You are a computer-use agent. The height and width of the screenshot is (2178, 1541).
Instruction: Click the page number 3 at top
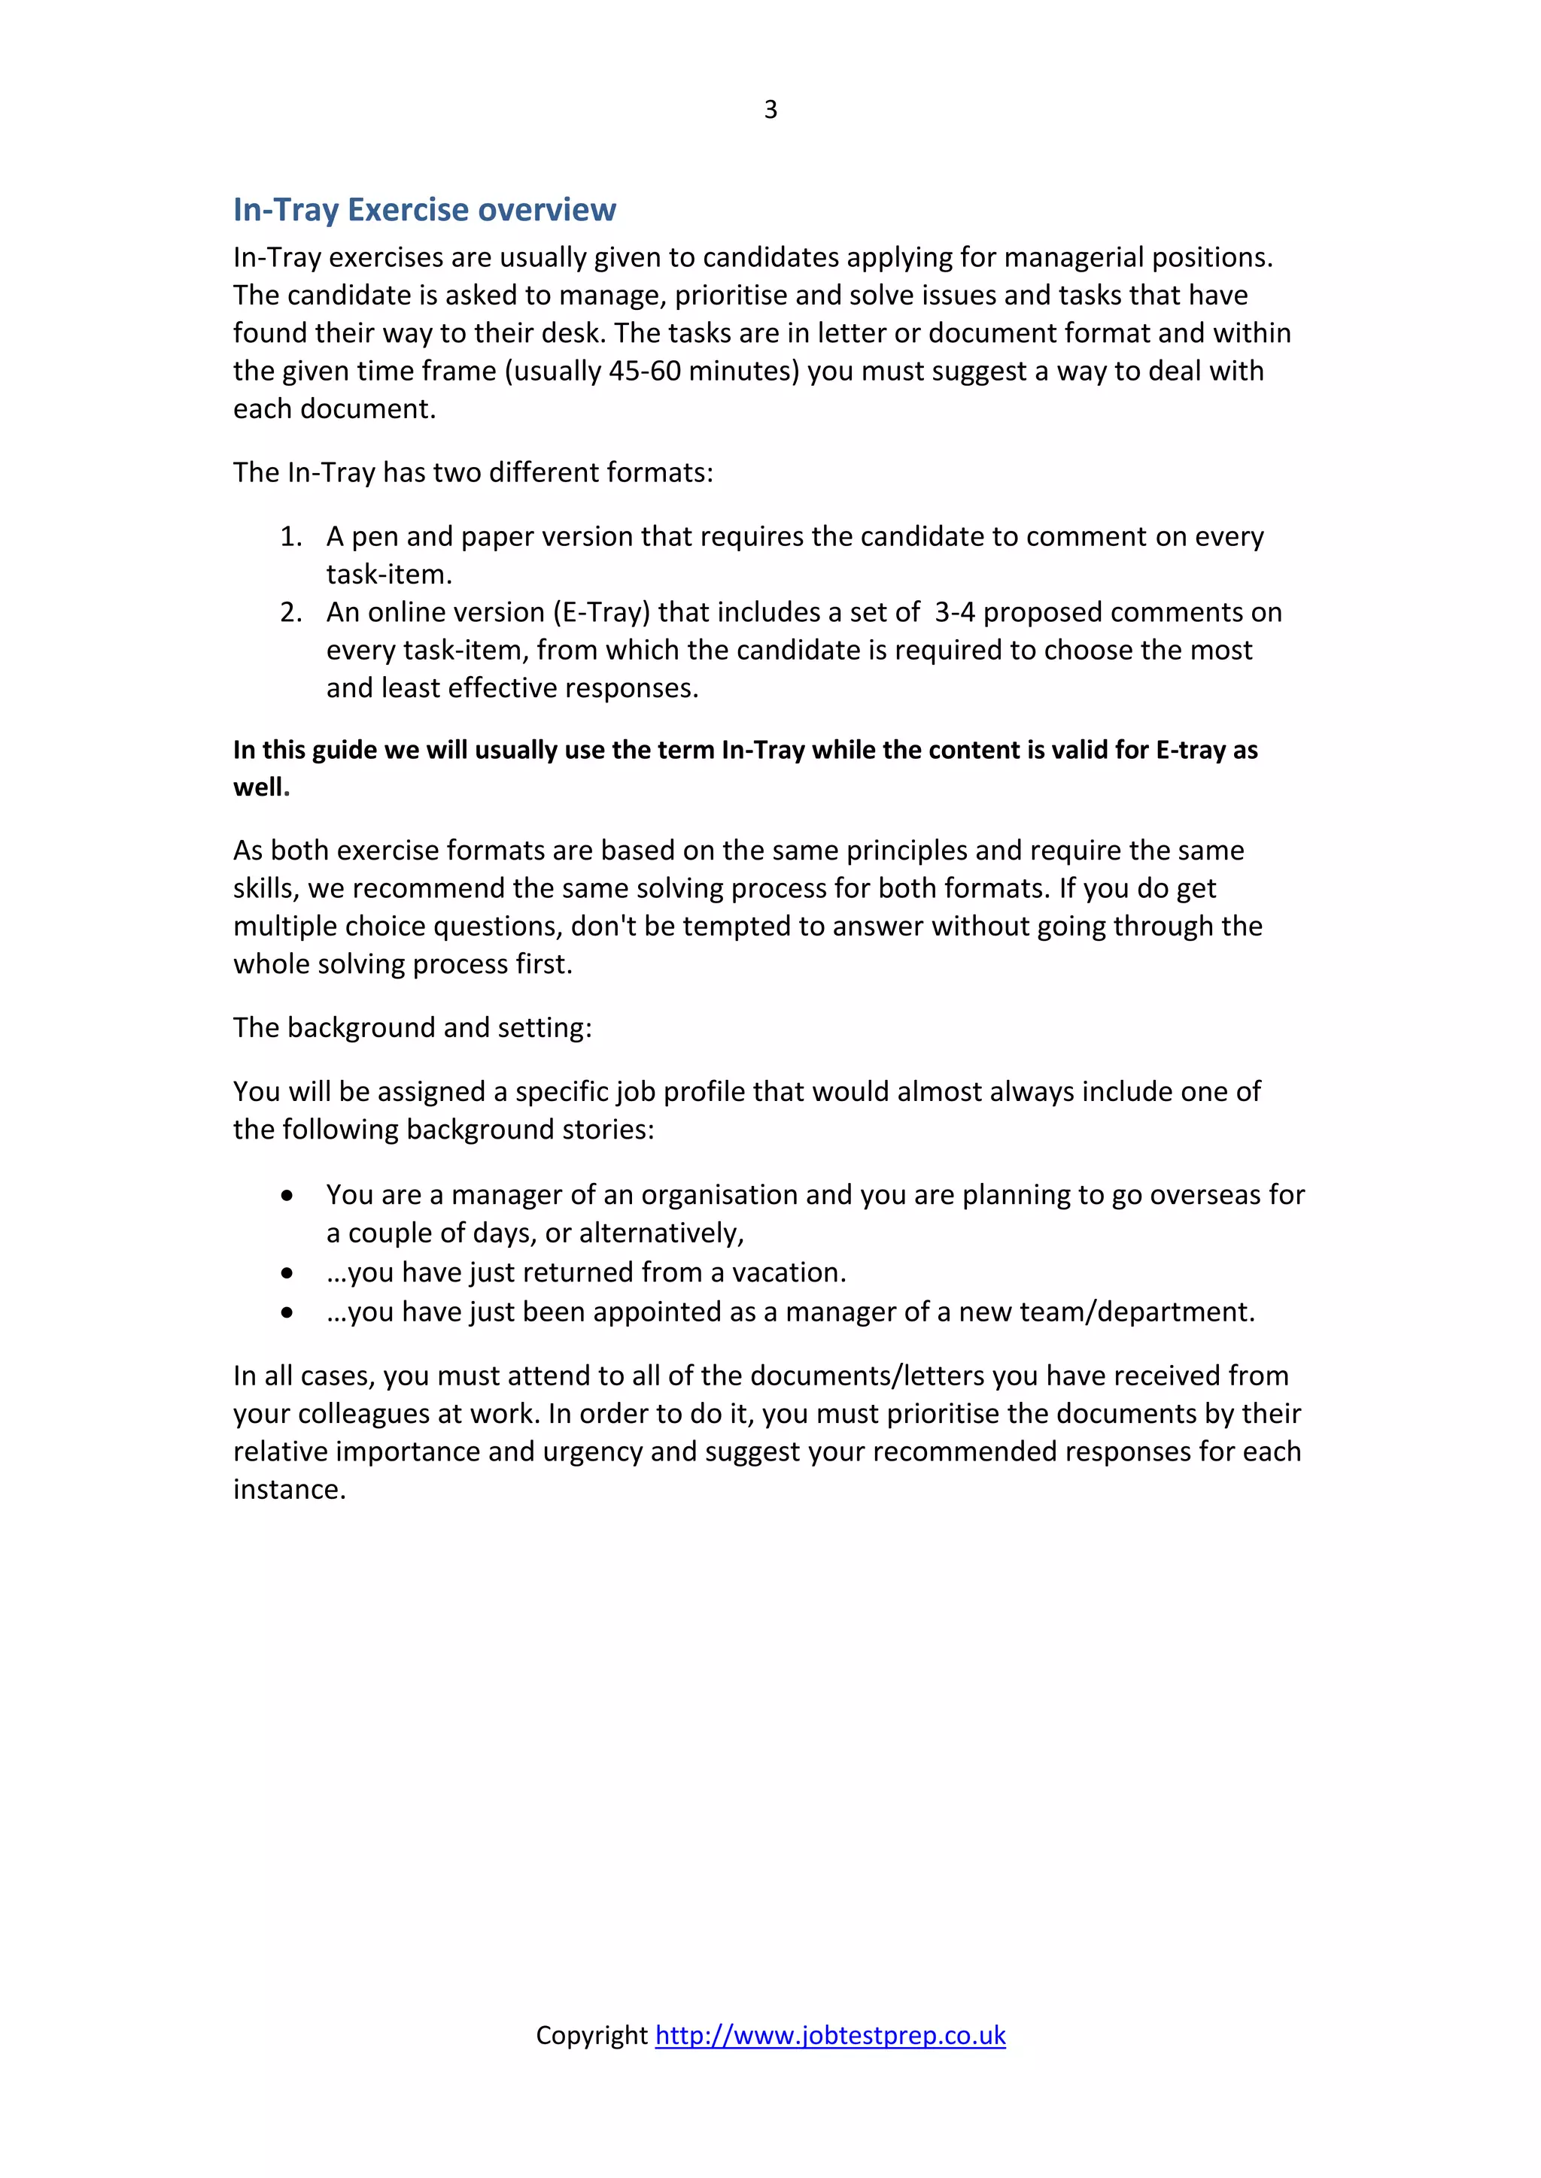pyautogui.click(x=770, y=110)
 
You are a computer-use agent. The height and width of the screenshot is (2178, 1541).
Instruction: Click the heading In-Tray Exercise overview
pyautogui.click(x=424, y=210)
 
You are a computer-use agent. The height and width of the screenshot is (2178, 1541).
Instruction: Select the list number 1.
pyautogui.click(x=290, y=537)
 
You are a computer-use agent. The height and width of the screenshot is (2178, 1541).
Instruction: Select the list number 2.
pyautogui.click(x=290, y=613)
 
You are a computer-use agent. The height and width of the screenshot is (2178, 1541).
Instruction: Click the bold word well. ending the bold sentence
pyautogui.click(x=261, y=787)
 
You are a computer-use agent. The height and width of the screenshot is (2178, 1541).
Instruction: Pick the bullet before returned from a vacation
pyautogui.click(x=287, y=1273)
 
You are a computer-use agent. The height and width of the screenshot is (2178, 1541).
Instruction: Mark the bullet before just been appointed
pyautogui.click(x=287, y=1313)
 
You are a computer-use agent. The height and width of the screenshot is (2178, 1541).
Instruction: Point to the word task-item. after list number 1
pyautogui.click(x=389, y=575)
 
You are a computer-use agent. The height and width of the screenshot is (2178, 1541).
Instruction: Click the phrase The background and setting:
pyautogui.click(x=413, y=1027)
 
